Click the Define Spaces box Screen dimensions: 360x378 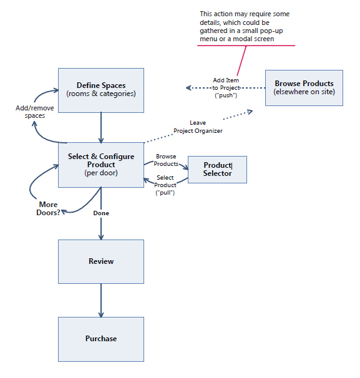[101, 90]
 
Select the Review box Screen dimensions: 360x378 [101, 261]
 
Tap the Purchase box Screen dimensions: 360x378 [101, 339]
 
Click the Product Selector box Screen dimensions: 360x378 [217, 170]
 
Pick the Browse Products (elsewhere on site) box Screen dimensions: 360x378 [304, 88]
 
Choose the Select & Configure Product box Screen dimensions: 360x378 [101, 165]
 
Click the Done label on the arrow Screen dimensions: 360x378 [101, 213]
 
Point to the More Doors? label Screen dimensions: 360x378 [48, 208]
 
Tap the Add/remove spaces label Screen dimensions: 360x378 [35, 112]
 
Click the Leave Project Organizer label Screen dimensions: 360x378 [198, 127]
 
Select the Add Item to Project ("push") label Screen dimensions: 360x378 [226, 88]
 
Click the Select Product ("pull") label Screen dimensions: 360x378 [165, 185]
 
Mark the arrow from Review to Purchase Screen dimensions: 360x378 [101, 301]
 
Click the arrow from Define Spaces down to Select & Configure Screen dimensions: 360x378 [101, 127]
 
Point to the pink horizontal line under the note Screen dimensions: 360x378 [246, 46]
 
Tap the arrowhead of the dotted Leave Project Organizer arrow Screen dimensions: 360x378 [250, 112]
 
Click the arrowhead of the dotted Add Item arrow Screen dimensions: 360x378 [188, 88]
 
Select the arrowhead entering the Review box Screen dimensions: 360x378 [101, 237]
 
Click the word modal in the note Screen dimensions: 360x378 [241, 39]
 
